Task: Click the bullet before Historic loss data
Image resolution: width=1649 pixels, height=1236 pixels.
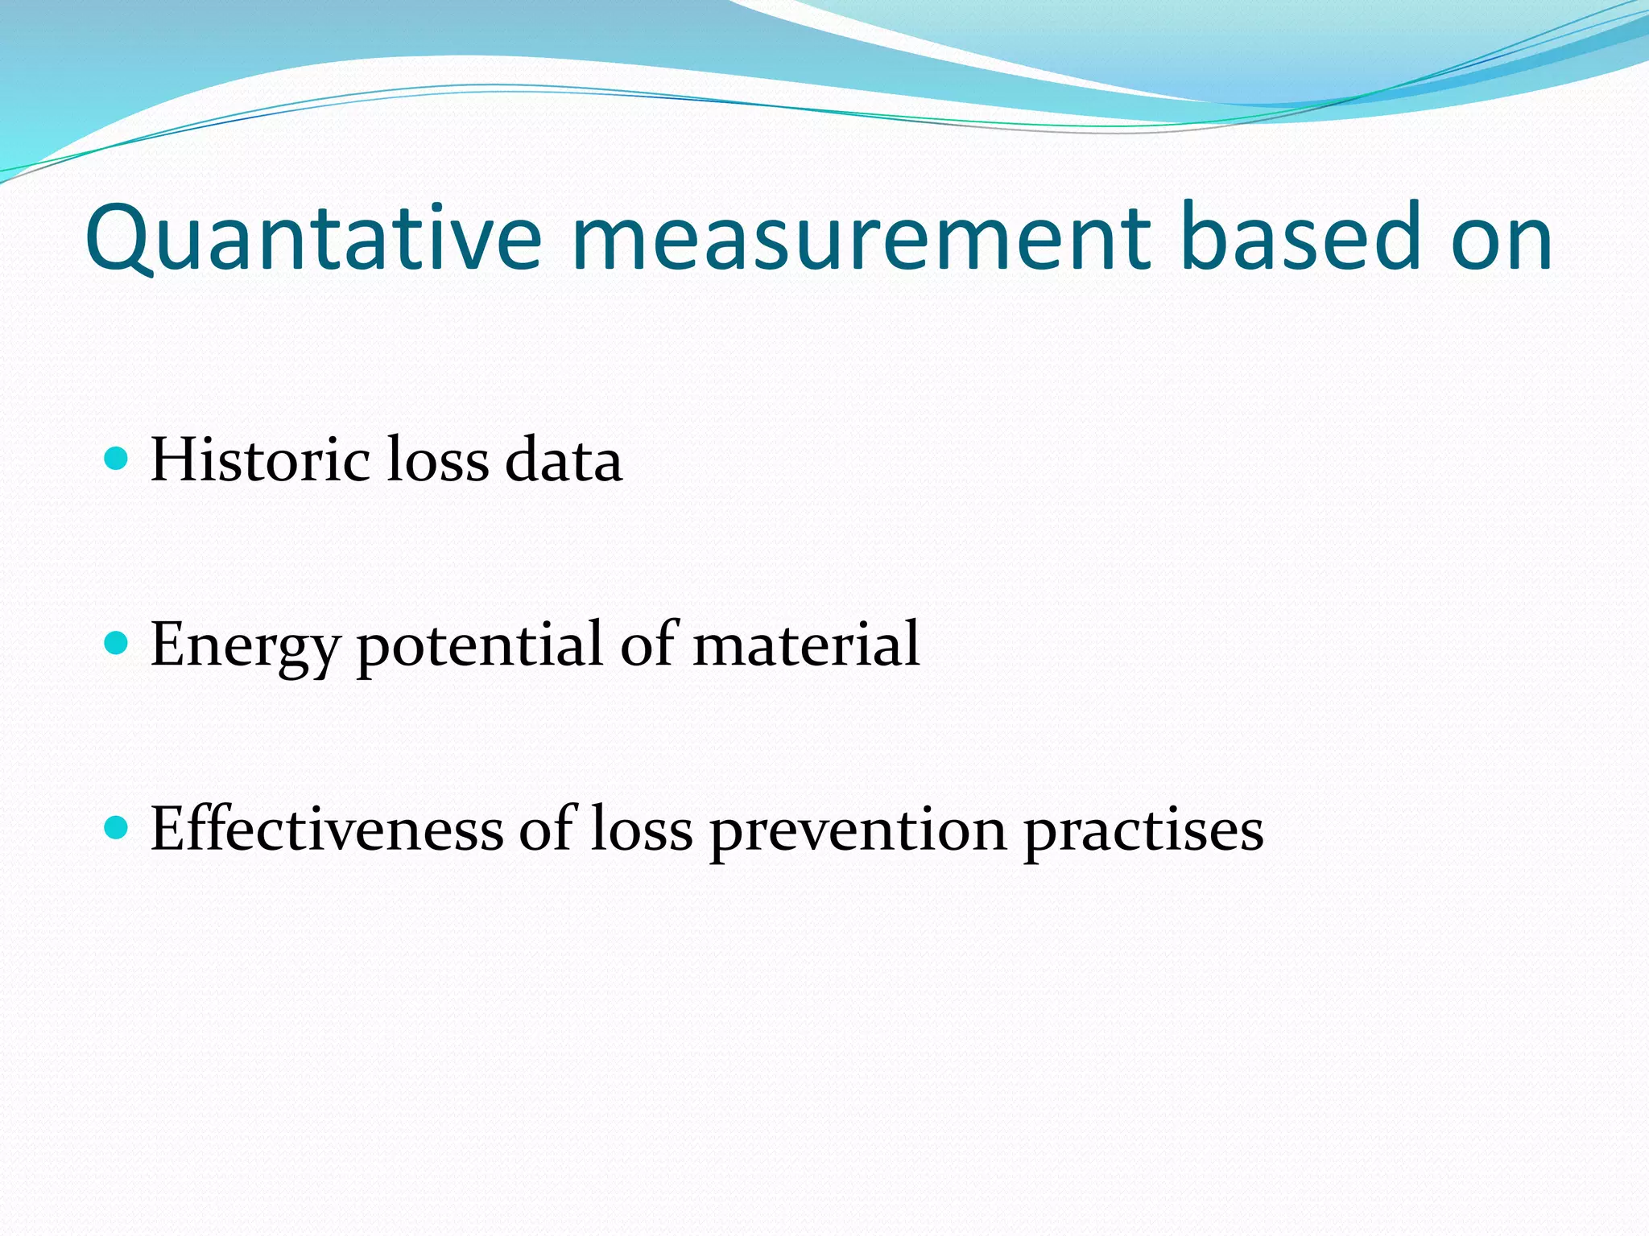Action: tap(118, 459)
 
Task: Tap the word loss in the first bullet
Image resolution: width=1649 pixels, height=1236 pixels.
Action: tap(438, 459)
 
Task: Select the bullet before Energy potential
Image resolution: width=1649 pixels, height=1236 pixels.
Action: tap(118, 643)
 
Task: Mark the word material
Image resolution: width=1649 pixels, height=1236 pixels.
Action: tap(805, 645)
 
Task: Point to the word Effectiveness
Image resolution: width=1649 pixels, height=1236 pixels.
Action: tap(326, 829)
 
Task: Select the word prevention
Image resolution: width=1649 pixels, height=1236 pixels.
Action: tap(857, 830)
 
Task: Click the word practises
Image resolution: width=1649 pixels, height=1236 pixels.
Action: tap(1143, 830)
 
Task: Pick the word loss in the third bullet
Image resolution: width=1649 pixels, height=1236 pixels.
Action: tap(641, 829)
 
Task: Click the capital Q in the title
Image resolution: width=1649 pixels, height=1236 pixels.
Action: tap(118, 238)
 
